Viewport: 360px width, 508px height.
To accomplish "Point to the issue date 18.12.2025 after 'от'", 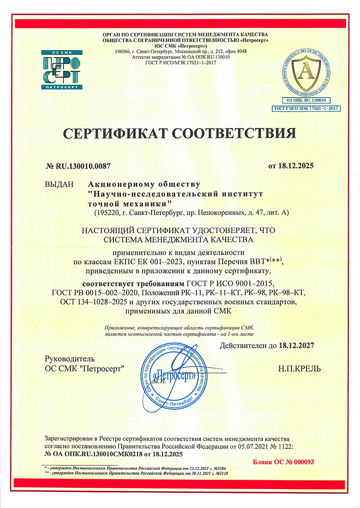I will point(296,166).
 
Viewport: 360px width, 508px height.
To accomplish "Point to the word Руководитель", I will point(69,359).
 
